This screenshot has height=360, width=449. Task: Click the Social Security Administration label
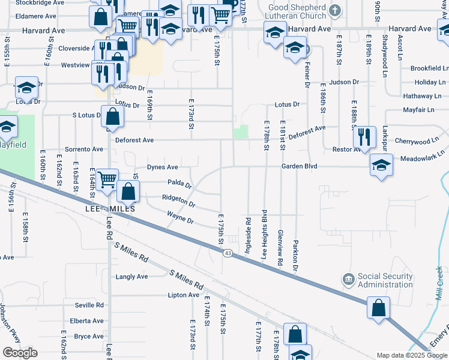[385, 280]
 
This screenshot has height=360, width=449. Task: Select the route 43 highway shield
[228, 254]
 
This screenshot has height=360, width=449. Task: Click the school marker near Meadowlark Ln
[381, 165]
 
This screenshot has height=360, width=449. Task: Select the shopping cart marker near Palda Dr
[106, 178]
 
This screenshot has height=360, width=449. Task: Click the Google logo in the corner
[20, 353]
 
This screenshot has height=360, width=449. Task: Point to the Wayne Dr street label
[180, 220]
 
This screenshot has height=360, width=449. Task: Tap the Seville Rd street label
[89, 305]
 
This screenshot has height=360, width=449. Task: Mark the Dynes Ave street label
[163, 167]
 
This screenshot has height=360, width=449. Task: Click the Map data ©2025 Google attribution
[412, 355]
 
